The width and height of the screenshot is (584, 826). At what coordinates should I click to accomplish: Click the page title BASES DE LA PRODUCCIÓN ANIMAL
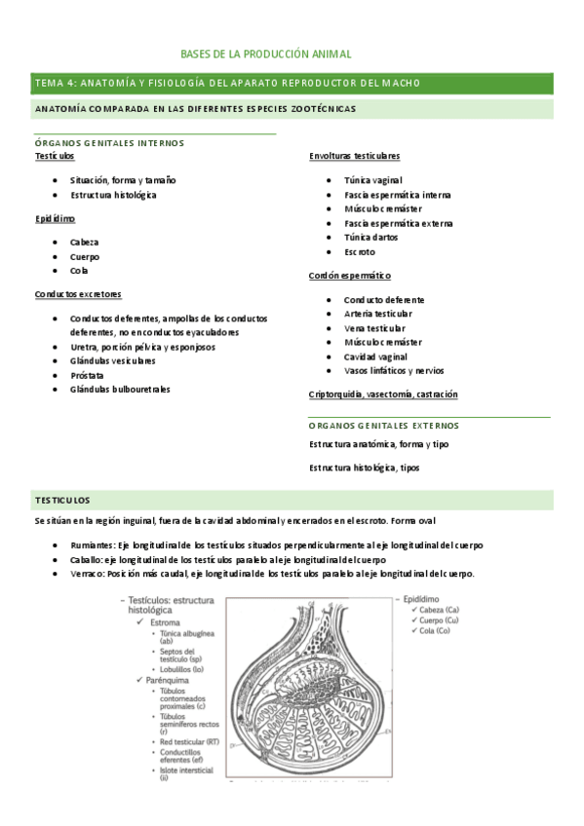(x=266, y=55)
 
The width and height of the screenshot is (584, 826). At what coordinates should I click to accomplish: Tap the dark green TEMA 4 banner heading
(x=227, y=83)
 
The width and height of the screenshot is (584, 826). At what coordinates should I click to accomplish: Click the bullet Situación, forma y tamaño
(x=123, y=180)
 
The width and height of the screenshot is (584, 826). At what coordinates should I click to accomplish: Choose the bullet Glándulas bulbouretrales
(x=120, y=390)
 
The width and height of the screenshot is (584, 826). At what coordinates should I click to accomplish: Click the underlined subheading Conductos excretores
(x=78, y=294)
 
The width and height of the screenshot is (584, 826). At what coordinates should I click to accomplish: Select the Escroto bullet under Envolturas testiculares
(x=360, y=252)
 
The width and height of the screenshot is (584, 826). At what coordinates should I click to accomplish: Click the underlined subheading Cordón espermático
(x=349, y=276)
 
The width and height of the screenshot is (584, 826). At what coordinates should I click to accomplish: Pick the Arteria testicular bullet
(x=377, y=314)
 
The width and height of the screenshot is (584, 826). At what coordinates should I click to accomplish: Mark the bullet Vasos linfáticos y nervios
(x=394, y=371)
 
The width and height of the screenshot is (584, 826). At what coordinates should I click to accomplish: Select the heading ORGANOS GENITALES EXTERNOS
(x=383, y=426)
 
